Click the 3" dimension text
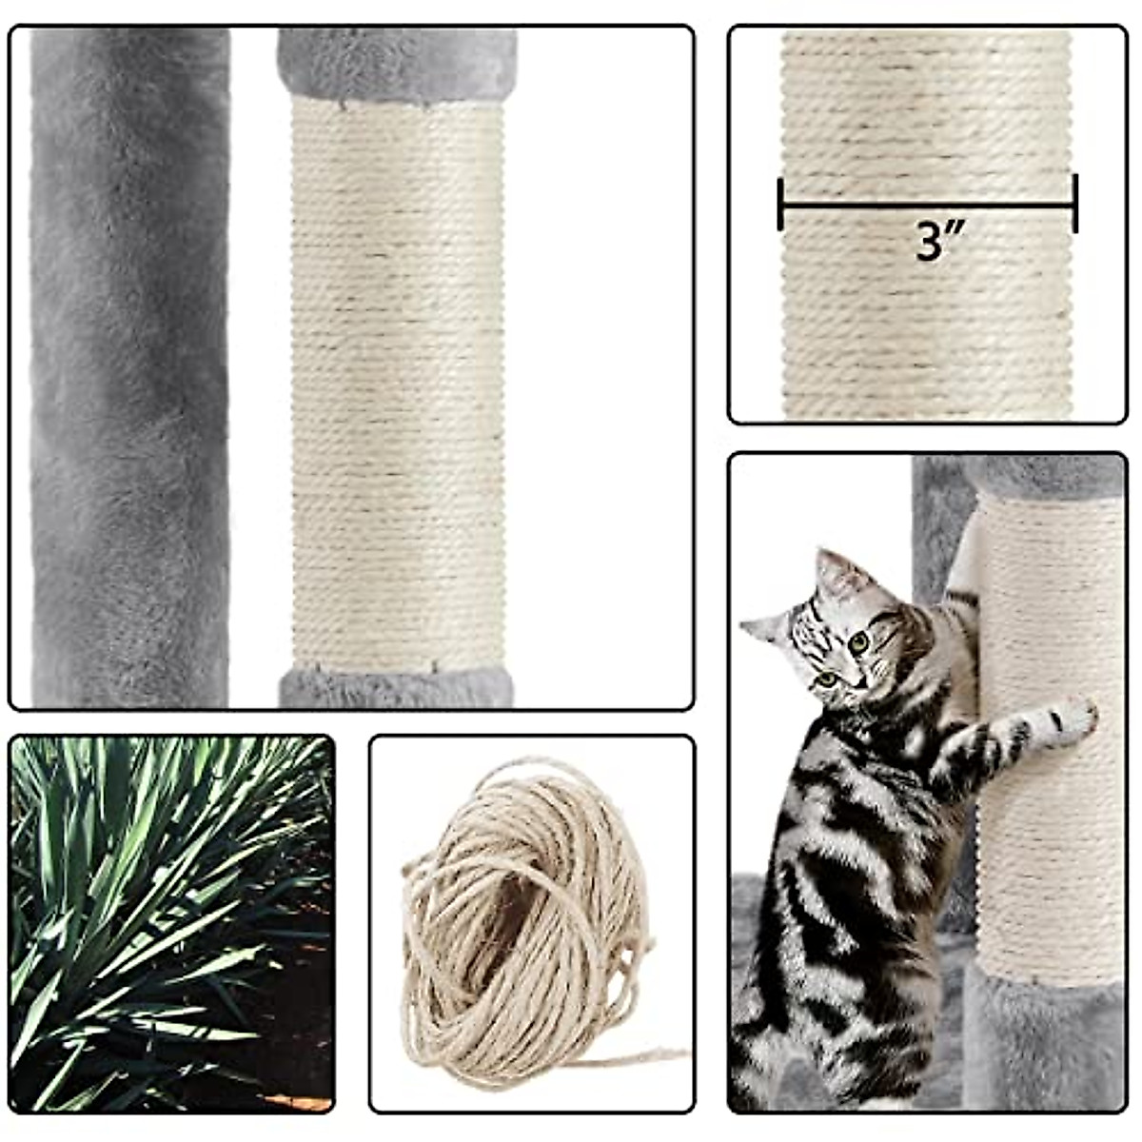(x=928, y=242)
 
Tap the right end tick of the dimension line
(x=1075, y=203)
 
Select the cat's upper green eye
(x=859, y=642)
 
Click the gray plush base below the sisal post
(x=396, y=687)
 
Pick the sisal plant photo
(x=171, y=923)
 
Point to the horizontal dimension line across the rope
(x=928, y=203)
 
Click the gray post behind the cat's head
(x=937, y=533)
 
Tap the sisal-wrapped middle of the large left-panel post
(x=397, y=381)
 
